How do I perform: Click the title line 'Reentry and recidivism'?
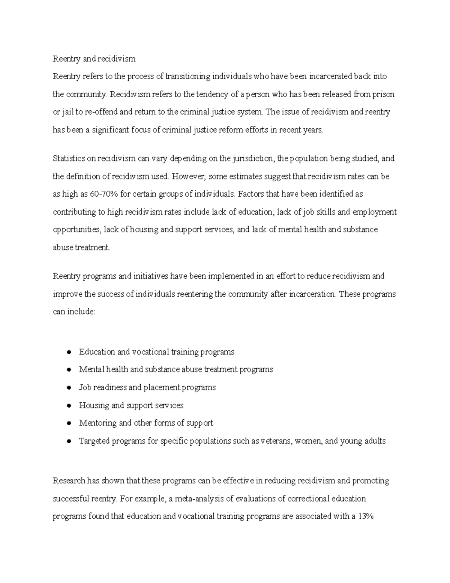tap(94, 59)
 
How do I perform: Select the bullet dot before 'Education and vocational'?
tap(69, 352)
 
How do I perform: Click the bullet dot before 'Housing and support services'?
tap(69, 405)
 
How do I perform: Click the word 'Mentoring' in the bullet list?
tap(97, 423)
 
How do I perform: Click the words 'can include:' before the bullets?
tap(74, 312)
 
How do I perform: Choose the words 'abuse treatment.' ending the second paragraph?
tap(81, 247)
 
